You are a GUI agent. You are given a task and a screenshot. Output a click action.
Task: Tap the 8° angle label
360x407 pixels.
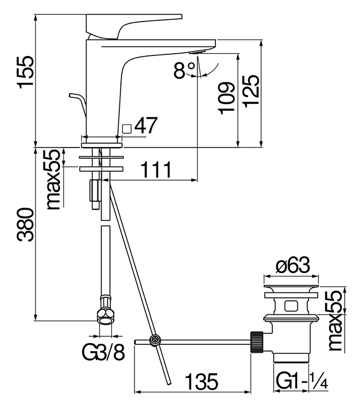pos(183,71)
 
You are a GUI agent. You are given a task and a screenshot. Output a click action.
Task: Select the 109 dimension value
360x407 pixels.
pos(226,97)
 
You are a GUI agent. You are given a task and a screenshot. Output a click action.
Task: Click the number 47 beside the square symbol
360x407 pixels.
pos(145,126)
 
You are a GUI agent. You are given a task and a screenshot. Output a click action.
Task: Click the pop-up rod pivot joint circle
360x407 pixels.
pos(155,340)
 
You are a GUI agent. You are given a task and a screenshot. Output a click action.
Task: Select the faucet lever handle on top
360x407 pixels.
pos(133,25)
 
